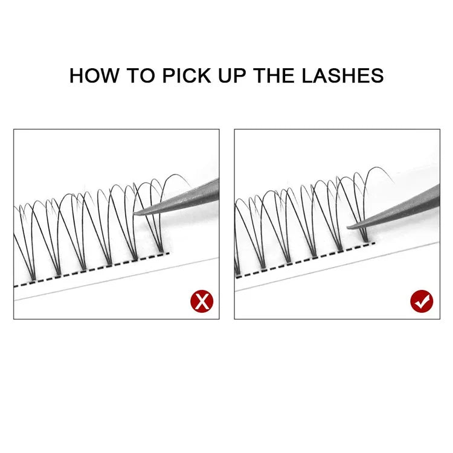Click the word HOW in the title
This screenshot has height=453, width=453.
pyautogui.click(x=94, y=75)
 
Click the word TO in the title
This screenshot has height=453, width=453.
pyautogui.click(x=141, y=75)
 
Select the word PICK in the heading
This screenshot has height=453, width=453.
pyautogui.click(x=187, y=75)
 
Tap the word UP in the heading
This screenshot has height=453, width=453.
pyautogui.click(x=232, y=75)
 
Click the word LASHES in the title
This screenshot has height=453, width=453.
pyautogui.click(x=342, y=75)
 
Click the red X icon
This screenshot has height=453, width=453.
pyautogui.click(x=202, y=301)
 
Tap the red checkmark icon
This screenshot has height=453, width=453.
pyautogui.click(x=422, y=301)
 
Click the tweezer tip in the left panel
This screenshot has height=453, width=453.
pyautogui.click(x=135, y=213)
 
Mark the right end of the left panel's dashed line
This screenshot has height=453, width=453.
pyautogui.click(x=169, y=253)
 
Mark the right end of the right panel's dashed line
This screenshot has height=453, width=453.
pyautogui.click(x=374, y=243)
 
